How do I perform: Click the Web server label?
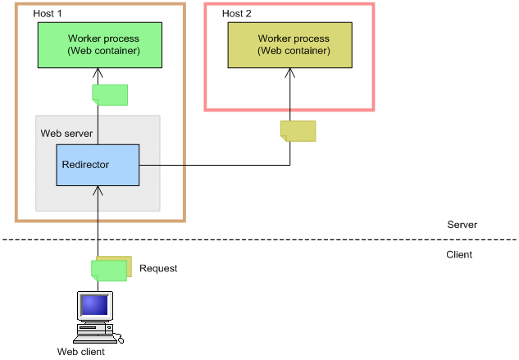[x=66, y=133]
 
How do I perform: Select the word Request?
[x=158, y=268]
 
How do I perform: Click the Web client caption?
[x=81, y=352]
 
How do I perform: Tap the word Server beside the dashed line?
[x=462, y=225]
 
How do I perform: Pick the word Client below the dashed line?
[x=459, y=254]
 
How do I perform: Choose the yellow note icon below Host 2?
[x=298, y=130]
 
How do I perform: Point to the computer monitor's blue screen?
[x=93, y=305]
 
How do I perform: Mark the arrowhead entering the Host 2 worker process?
[x=289, y=72]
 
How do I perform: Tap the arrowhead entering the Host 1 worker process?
[x=98, y=72]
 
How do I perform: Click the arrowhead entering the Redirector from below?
[x=98, y=190]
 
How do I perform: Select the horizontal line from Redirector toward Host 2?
[x=213, y=165]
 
